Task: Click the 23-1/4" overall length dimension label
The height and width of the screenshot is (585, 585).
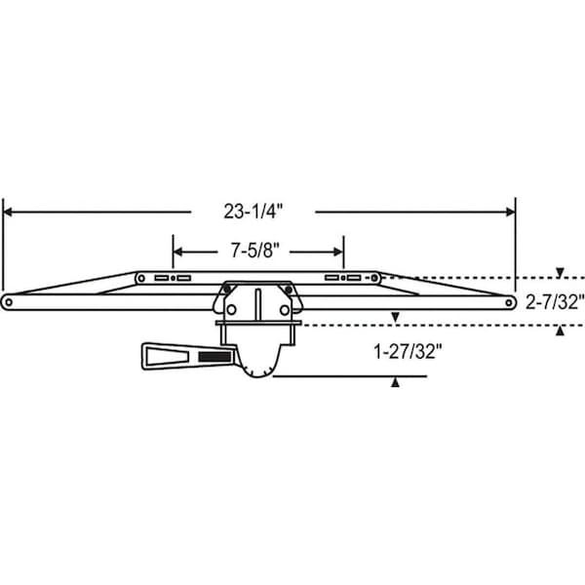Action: tap(253, 212)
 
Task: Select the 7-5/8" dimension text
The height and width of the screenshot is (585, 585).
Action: tap(254, 251)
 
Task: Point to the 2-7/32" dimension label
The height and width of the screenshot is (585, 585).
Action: tap(555, 302)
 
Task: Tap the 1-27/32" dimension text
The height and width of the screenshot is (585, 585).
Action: tap(408, 351)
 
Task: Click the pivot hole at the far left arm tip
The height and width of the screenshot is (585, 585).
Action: tap(8, 302)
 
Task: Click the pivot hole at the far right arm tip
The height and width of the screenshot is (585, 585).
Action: tap(509, 302)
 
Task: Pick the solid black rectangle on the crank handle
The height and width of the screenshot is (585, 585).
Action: tap(214, 357)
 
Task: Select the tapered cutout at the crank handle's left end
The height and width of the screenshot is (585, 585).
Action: tap(167, 357)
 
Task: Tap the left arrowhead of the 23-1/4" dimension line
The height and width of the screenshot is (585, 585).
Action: tap(7, 212)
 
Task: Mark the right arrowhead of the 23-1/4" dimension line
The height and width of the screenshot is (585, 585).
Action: tap(511, 212)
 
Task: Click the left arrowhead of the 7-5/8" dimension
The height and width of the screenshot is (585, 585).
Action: tap(177, 252)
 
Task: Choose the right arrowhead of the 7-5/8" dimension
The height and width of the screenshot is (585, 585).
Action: tap(338, 252)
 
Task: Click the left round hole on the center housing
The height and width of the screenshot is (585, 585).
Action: tap(231, 309)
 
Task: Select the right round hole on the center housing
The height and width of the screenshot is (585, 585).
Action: tap(285, 310)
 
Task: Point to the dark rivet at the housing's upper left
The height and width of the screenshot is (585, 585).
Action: tap(227, 290)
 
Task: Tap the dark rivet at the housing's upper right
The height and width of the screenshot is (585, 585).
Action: tap(289, 290)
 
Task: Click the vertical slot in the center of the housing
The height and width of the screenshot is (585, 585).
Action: tap(257, 304)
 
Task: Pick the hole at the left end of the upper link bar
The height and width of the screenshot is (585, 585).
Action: tap(141, 278)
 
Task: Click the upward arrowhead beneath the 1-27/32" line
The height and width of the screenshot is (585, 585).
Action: tap(395, 383)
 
